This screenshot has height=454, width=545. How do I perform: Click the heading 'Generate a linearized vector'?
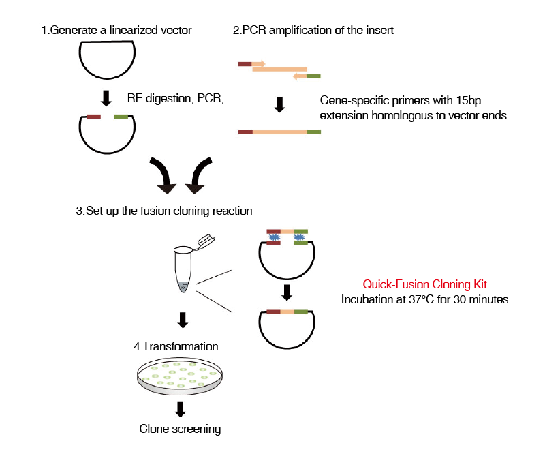tap(121, 30)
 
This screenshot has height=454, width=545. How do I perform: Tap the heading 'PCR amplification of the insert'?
tap(317, 30)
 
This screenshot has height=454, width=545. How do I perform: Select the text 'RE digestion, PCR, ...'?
tap(181, 98)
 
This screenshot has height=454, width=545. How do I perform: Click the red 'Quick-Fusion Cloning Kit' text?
tap(424, 284)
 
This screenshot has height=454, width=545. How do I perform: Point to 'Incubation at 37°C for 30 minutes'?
tap(424, 299)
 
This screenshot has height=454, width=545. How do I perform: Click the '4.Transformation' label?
tap(176, 346)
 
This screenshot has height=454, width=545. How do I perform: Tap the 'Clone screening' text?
tap(180, 429)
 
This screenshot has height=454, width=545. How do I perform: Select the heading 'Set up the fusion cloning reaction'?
tap(169, 211)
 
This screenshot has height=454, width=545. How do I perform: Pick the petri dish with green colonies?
tap(180, 378)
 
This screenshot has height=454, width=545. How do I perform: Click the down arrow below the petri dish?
tap(180, 409)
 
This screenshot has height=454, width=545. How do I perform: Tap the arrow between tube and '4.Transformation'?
tap(183, 320)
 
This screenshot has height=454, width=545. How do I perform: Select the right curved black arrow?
tap(199, 176)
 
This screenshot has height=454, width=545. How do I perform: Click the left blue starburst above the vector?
tap(274, 237)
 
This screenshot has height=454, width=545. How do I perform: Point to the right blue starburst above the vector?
tap(299, 237)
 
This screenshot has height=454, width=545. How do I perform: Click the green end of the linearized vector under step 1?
tap(121, 117)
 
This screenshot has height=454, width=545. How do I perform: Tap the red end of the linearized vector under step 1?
tap(93, 117)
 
